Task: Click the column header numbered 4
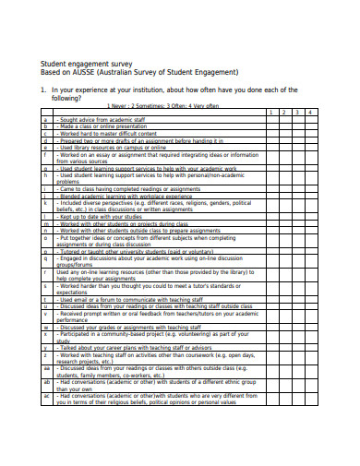click(311, 113)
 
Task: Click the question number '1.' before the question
click(42, 90)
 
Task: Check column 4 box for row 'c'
click(311, 133)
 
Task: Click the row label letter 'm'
click(45, 222)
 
